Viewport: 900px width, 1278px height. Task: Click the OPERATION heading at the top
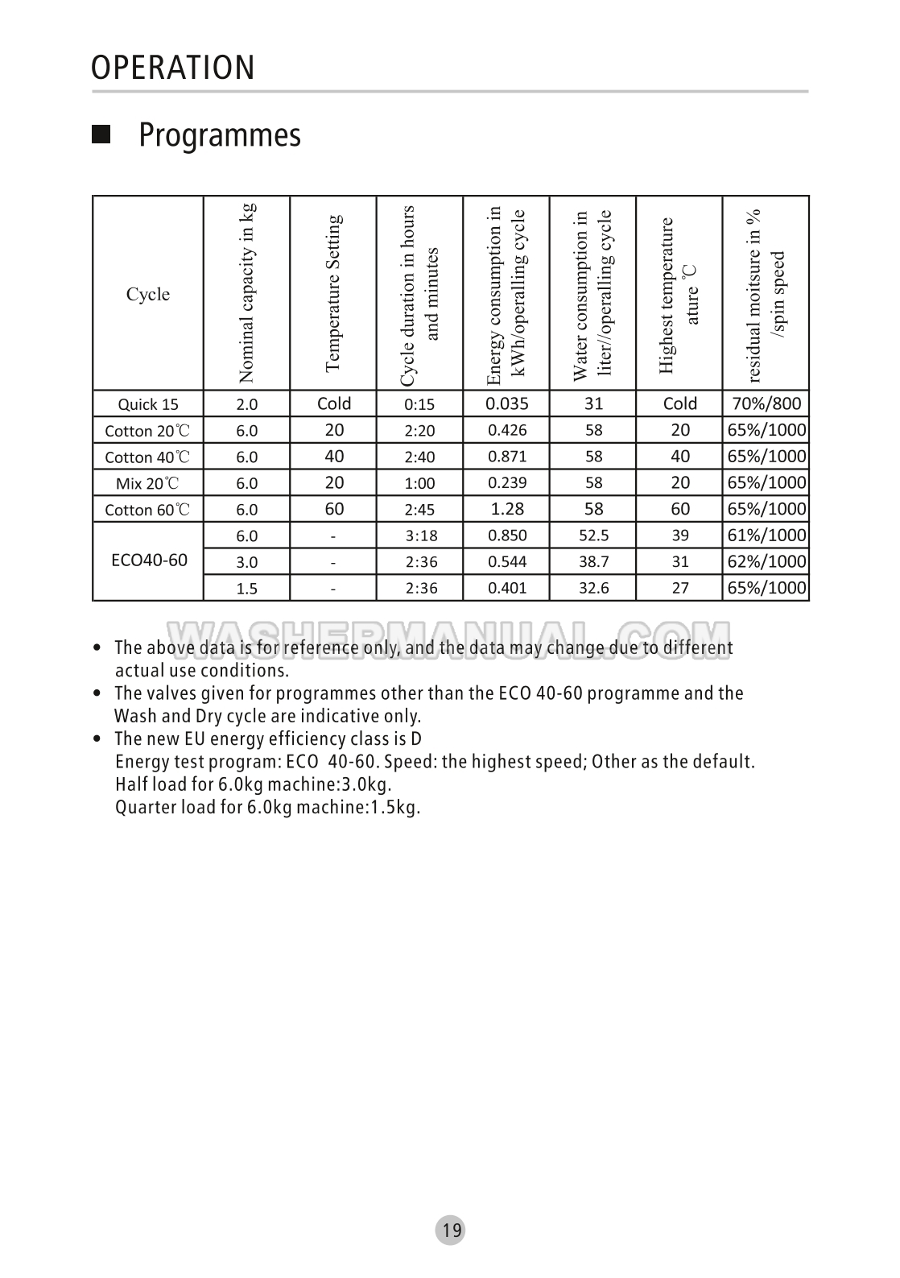point(172,68)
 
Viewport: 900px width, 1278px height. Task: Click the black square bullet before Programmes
point(101,134)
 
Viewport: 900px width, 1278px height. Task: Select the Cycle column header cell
point(148,294)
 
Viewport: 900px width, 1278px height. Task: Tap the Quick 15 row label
point(148,404)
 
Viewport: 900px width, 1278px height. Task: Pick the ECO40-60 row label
point(149,560)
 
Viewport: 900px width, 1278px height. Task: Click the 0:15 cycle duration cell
point(419,405)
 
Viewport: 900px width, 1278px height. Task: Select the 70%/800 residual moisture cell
point(766,403)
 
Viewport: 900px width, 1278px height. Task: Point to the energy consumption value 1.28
point(507,509)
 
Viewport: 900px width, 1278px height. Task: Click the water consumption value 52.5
point(593,536)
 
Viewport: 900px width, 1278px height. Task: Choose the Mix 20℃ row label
point(148,483)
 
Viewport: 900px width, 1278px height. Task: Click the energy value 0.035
point(507,403)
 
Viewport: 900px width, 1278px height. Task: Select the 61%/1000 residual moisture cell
point(766,536)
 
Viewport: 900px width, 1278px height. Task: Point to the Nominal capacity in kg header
point(247,292)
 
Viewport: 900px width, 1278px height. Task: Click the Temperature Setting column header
point(333,292)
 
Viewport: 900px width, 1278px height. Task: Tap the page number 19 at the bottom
point(452,1230)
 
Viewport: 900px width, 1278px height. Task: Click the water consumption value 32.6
point(593,588)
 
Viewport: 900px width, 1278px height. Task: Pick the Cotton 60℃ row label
point(148,510)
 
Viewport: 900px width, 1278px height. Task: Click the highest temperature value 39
point(680,536)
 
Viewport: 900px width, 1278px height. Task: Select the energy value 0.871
point(507,457)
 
